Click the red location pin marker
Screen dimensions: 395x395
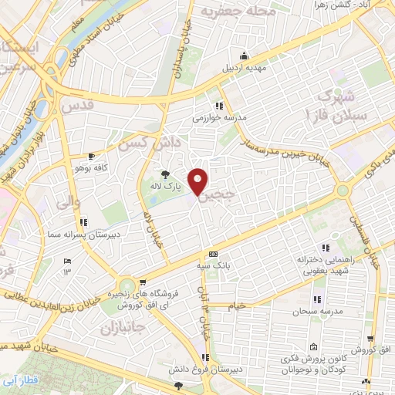pos(199,181)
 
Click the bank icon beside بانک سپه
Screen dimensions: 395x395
pos(214,255)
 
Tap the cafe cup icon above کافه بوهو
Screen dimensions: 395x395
pos(92,156)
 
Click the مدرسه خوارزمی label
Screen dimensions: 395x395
pos(225,117)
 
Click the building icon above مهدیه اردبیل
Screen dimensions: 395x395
pos(244,56)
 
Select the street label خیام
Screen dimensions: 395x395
pos(235,306)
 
